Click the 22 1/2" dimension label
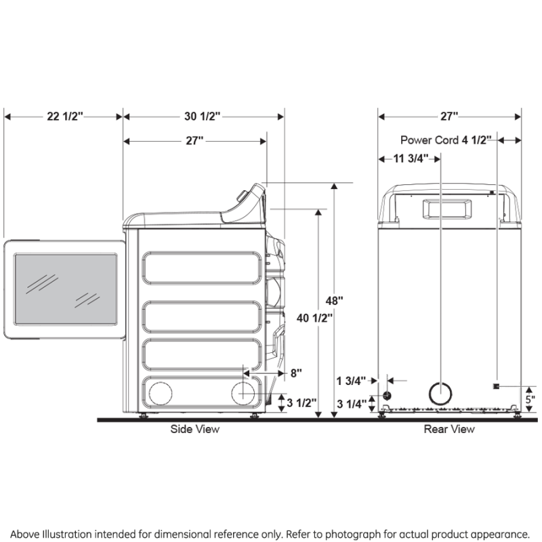(x=64, y=117)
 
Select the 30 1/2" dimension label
(x=203, y=117)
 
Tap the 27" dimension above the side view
(x=194, y=141)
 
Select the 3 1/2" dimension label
(x=301, y=403)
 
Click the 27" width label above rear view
(x=449, y=117)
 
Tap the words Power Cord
(x=430, y=141)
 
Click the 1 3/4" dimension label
(x=352, y=381)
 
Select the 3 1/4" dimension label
(x=352, y=404)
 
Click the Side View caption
(x=194, y=429)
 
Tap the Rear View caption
(x=449, y=429)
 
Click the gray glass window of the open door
(x=66, y=289)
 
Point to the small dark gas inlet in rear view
(x=387, y=395)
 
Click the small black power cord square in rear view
(x=497, y=386)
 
